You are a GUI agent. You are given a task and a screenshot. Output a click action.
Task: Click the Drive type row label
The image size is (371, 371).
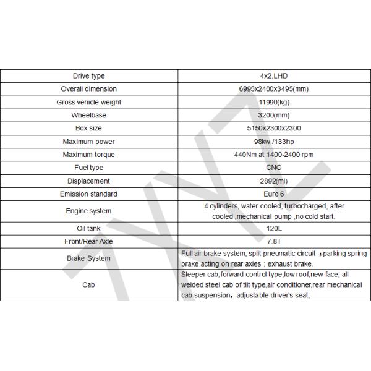tap(89, 76)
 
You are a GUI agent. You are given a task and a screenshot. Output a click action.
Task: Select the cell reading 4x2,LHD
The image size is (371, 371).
tap(273, 76)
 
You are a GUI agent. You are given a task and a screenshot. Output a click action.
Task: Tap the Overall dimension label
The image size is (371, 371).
tap(89, 89)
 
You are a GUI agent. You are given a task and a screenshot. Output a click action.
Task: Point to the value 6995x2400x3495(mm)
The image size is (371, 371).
tap(273, 89)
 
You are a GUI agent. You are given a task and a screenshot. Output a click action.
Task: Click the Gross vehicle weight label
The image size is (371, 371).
tap(89, 102)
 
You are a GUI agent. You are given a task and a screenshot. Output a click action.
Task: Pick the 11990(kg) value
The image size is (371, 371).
tap(273, 102)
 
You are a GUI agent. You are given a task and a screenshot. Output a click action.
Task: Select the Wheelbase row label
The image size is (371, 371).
tap(89, 115)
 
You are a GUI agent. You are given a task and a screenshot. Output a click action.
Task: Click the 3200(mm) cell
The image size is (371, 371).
tap(273, 115)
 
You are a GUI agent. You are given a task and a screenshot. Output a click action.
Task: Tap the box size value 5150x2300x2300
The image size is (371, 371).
tap(273, 129)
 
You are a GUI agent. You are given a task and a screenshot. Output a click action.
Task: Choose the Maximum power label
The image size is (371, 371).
tap(89, 142)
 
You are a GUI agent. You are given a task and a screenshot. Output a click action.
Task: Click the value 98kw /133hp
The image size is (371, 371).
tap(273, 142)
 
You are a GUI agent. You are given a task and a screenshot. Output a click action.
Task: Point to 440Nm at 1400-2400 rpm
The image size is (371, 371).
tap(273, 155)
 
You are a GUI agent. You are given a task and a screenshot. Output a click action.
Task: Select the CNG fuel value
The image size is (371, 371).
tap(273, 168)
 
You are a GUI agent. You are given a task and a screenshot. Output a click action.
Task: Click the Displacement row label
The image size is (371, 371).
tap(89, 181)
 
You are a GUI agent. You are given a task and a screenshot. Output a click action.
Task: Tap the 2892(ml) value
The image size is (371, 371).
tap(273, 181)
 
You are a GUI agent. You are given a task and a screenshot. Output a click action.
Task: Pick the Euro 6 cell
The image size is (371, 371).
tap(273, 194)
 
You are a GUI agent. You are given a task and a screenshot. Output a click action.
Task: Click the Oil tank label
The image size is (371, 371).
tap(89, 228)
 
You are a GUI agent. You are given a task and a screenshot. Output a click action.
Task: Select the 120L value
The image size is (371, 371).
tap(273, 228)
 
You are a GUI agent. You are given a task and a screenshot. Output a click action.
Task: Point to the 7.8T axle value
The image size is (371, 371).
tap(273, 241)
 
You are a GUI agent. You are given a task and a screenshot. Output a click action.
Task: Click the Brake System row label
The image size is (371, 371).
tap(89, 258)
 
